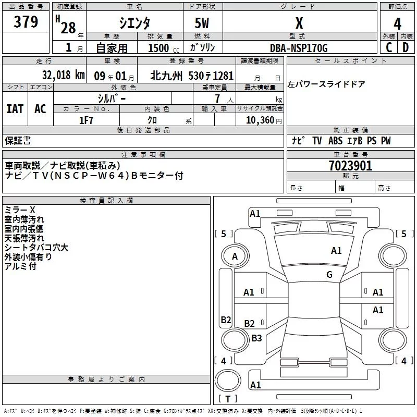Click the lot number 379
(x=26, y=22)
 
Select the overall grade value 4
(x=398, y=23)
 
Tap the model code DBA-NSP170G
(x=299, y=48)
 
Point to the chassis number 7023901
(x=350, y=166)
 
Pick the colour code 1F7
(x=86, y=120)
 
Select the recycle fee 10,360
(x=259, y=120)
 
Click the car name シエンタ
(x=135, y=23)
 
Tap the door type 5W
(x=203, y=24)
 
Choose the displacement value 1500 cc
(x=162, y=48)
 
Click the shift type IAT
(x=15, y=108)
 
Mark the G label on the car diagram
(x=329, y=275)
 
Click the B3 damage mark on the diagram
(x=256, y=338)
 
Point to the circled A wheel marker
(x=235, y=256)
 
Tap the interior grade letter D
(x=406, y=47)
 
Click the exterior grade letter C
(x=388, y=47)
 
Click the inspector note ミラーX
(x=19, y=210)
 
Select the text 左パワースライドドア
(x=326, y=84)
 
